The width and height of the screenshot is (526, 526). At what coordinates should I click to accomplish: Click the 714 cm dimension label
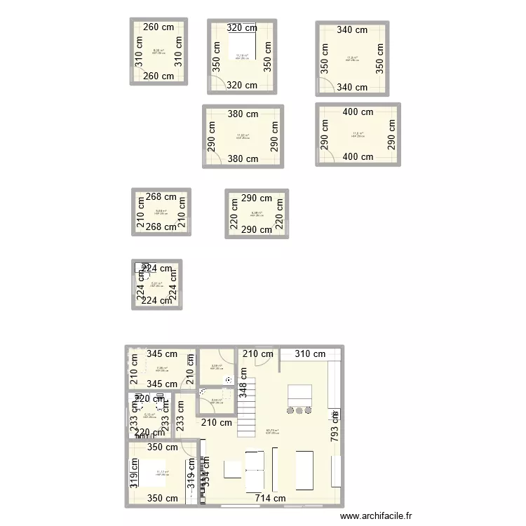tap(271, 499)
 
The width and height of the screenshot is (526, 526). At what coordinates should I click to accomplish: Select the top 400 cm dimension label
tap(358, 112)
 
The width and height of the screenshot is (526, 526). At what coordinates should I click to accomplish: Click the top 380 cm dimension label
tap(242, 114)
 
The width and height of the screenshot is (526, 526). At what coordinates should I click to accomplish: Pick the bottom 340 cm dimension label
tap(352, 88)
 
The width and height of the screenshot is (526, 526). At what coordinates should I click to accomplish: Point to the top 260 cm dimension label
tap(159, 27)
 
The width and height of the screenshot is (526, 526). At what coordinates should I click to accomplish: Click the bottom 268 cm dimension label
tap(161, 227)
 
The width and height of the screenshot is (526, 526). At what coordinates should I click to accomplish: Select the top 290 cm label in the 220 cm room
tap(256, 198)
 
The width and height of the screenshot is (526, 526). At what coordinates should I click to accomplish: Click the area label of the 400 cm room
tap(358, 134)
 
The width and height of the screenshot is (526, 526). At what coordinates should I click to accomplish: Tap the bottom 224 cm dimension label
tap(156, 301)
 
